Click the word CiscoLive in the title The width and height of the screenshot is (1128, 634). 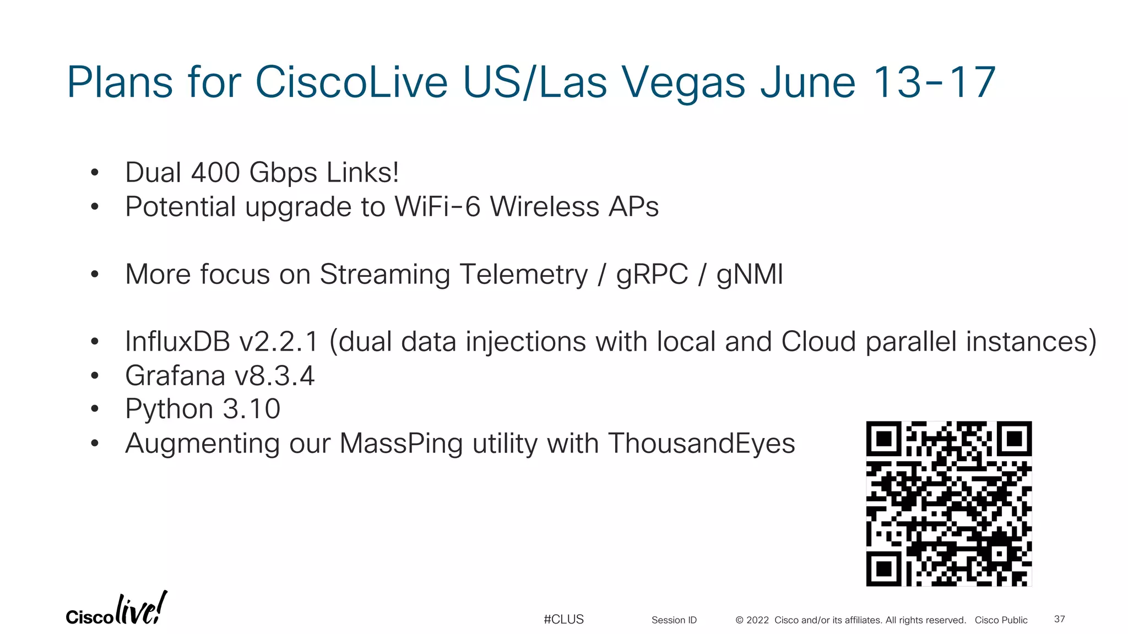pos(351,82)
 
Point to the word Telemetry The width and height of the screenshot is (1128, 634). pos(523,274)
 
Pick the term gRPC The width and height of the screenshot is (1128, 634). pos(652,274)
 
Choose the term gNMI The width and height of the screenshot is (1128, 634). pos(749,274)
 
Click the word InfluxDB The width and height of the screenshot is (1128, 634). pos(177,341)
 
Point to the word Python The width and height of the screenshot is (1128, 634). pos(169,409)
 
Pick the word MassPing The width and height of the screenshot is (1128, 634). pos(401,444)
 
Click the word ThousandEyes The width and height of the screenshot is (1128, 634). pos(701,444)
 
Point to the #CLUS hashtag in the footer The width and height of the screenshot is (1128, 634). pos(563,619)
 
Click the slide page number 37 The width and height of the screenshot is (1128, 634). pos(1059,619)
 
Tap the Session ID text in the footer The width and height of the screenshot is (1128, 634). pos(674,620)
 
